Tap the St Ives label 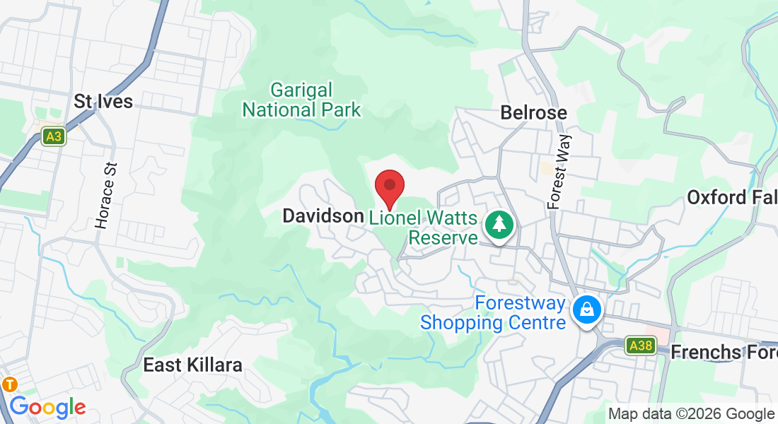(103, 101)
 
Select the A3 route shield (53, 136)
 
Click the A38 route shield (641, 345)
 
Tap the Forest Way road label (559, 172)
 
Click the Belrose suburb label (533, 112)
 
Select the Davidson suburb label (323, 216)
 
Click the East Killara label (192, 365)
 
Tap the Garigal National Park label (302, 100)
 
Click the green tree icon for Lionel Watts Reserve (500, 225)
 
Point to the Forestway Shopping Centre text (493, 313)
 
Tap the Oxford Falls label (731, 196)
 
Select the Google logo (47, 407)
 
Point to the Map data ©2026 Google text (691, 414)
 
